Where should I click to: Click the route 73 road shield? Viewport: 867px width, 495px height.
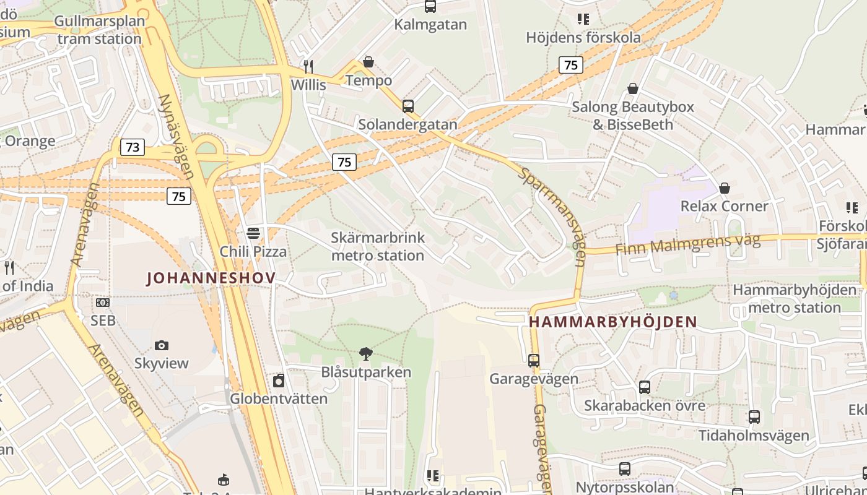point(132,147)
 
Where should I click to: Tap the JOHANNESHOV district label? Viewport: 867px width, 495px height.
point(211,278)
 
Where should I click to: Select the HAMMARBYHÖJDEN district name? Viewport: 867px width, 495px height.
point(613,322)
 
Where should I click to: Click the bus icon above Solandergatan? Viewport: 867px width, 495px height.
point(407,106)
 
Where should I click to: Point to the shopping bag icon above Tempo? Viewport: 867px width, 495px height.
point(368,62)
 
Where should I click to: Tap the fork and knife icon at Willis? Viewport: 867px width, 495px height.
point(308,66)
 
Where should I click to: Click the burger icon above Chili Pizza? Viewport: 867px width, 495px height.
point(253,233)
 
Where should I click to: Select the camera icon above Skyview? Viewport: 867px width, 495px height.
point(162,345)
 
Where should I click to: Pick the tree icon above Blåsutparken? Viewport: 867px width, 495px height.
point(366,353)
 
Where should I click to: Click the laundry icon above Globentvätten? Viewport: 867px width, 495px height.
point(279,380)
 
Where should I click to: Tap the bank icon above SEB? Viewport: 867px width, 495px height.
point(103,303)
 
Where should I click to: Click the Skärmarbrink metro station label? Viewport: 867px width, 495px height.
point(377,246)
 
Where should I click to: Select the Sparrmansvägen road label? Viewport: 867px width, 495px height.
point(552,217)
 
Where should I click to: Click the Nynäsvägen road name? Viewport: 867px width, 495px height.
point(176,136)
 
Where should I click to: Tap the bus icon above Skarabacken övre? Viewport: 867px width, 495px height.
point(645,387)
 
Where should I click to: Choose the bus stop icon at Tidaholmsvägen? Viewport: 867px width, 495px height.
point(754,417)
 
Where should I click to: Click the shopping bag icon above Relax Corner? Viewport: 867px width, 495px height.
point(724,187)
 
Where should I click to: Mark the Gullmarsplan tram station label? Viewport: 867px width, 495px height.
point(99,30)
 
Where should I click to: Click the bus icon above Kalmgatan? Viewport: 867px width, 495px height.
point(430,7)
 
